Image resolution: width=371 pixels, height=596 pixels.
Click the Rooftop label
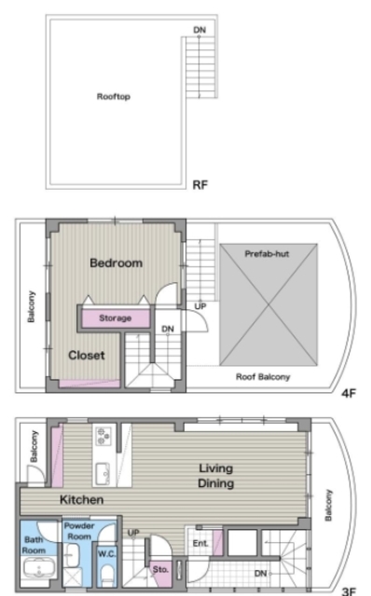coord(114,97)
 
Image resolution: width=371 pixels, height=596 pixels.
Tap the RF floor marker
coord(200,185)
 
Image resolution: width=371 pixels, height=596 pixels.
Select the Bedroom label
coord(117,263)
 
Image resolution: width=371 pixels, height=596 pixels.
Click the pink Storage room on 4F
coord(116,318)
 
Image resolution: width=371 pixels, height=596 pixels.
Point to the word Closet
coord(87,355)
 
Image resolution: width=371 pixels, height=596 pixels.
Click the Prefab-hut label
coord(267,253)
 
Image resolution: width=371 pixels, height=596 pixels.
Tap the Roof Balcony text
coord(263,376)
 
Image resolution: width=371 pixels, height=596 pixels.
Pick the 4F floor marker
coord(349,393)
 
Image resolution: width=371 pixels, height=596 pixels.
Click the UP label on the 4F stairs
coord(200,306)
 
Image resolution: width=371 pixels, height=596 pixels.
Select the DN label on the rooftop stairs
coord(199,30)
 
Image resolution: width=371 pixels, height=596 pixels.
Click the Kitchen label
coord(81,499)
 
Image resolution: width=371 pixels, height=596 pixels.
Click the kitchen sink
coord(103,474)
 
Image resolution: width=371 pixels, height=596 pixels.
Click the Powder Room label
coord(79,531)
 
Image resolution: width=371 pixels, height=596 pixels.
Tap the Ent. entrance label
coord(200,544)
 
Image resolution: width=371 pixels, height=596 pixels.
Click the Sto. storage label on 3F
coord(160,569)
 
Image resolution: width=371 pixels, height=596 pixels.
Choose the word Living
coord(215,468)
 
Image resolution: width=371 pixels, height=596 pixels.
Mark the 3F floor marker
coord(349,591)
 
